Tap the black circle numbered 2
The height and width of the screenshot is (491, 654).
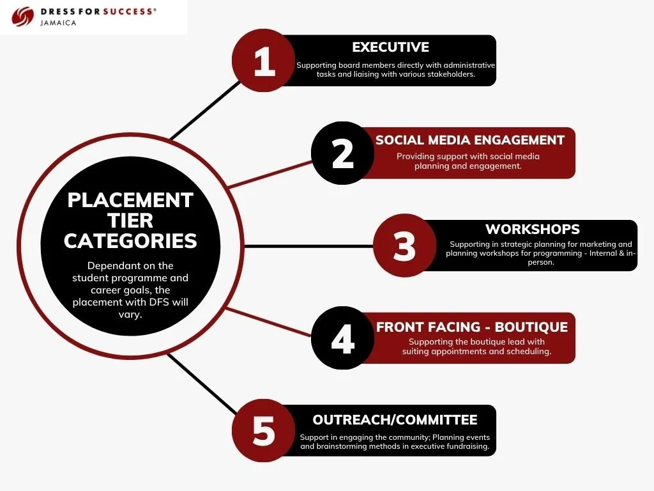(x=343, y=153)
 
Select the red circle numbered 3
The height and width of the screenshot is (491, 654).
(x=404, y=246)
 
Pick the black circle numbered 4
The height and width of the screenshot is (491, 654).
(x=343, y=338)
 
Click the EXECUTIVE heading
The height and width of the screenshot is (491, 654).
(x=390, y=47)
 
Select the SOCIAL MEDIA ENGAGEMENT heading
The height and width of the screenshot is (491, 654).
(x=470, y=140)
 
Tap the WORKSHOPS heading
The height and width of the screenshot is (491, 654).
(x=533, y=229)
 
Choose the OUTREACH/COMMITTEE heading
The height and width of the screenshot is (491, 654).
(x=395, y=420)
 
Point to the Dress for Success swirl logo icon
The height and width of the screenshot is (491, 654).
(x=23, y=16)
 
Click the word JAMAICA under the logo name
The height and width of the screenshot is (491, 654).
(x=57, y=23)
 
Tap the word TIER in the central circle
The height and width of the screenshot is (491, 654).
(x=130, y=221)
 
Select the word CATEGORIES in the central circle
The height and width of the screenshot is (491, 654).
(x=130, y=241)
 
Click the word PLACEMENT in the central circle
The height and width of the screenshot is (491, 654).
(x=130, y=200)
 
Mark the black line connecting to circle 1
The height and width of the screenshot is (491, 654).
(x=204, y=112)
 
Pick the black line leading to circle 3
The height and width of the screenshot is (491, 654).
(x=307, y=246)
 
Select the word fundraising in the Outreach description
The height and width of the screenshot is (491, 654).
(x=468, y=446)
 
